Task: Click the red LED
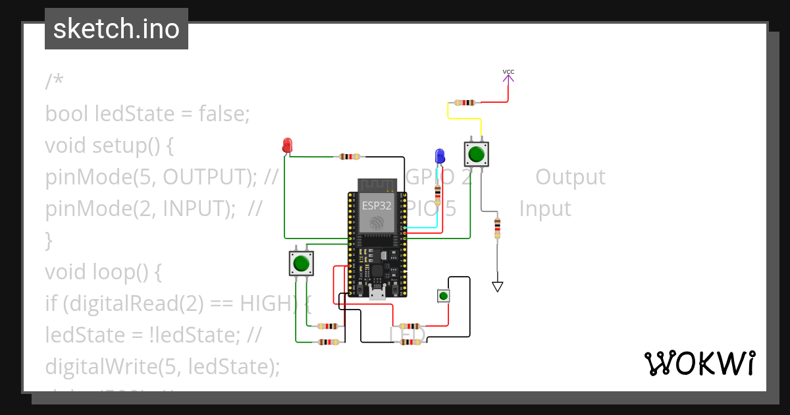pyautogui.click(x=287, y=145)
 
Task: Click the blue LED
pyautogui.click(x=440, y=156)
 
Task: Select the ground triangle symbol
pyautogui.click(x=498, y=287)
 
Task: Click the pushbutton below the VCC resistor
pyautogui.click(x=476, y=154)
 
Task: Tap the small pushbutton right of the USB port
pyautogui.click(x=444, y=296)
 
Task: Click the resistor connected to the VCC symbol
pyautogui.click(x=465, y=103)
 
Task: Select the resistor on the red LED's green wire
pyautogui.click(x=350, y=157)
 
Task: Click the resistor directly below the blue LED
pyautogui.click(x=438, y=193)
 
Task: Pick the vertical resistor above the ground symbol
pyautogui.click(x=497, y=229)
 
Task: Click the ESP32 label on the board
pyautogui.click(x=377, y=206)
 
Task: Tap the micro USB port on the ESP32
pyautogui.click(x=377, y=293)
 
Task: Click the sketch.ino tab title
pyautogui.click(x=117, y=29)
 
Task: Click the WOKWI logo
pyautogui.click(x=699, y=363)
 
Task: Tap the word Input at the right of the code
pyautogui.click(x=545, y=209)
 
